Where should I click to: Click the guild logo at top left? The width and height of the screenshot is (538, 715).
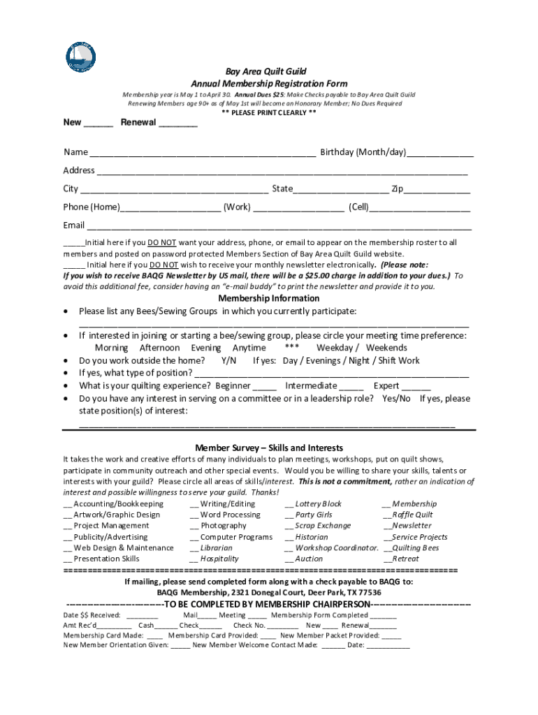tap(82, 57)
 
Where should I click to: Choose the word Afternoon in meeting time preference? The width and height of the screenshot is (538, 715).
tap(159, 348)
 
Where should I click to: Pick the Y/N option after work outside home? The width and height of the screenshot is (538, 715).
tap(228, 360)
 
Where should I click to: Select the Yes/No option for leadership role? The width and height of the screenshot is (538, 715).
tap(396, 399)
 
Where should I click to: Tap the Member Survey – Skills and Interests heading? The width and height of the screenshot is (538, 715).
tap(269, 448)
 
